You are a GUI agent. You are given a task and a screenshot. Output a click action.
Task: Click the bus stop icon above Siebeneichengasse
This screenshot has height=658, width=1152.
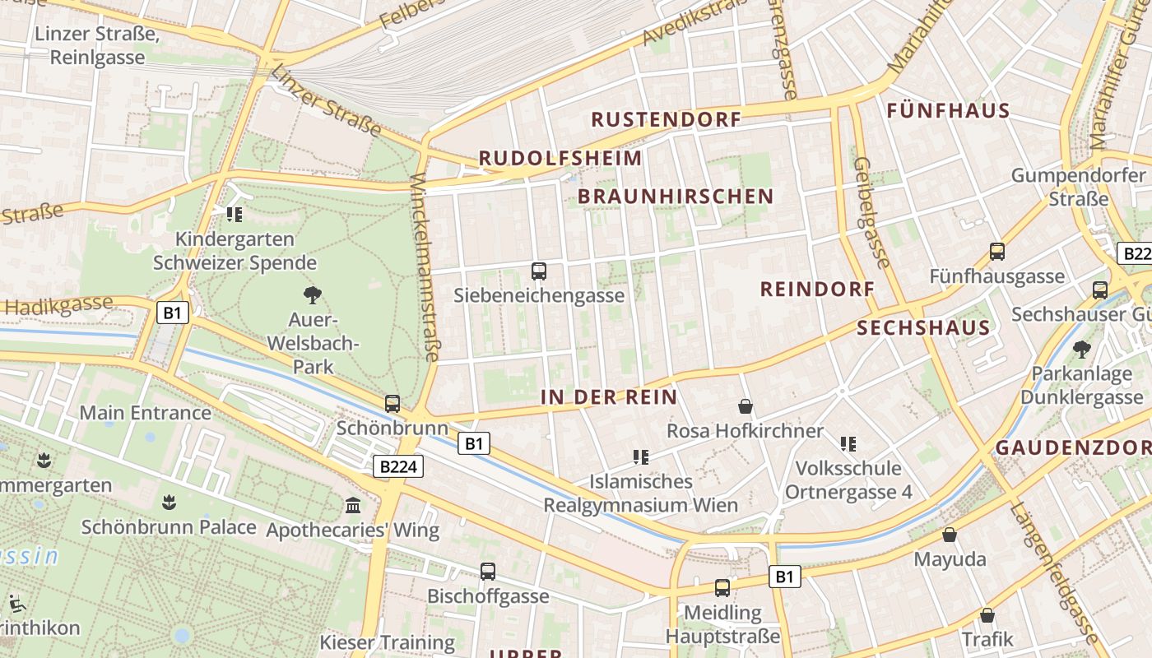click(539, 271)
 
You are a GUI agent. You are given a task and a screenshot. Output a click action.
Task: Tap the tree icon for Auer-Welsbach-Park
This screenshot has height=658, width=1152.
click(312, 294)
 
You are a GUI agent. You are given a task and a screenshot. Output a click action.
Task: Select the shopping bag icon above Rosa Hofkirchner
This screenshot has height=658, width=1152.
click(745, 406)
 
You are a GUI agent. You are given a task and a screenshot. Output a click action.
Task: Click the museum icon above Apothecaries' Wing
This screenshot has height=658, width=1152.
click(354, 505)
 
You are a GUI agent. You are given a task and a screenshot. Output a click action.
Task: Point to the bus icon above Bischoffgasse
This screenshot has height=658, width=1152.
click(488, 571)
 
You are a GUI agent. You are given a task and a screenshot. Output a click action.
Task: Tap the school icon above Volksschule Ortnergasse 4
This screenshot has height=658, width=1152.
click(848, 444)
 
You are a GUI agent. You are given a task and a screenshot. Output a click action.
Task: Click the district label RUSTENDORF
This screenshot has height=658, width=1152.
click(666, 119)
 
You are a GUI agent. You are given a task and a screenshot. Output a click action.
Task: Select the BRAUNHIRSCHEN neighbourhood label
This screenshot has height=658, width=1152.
click(676, 196)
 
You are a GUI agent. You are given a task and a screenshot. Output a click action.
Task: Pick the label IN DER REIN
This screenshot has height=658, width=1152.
click(609, 397)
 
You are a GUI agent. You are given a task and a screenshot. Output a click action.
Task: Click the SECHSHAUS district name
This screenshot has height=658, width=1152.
click(923, 328)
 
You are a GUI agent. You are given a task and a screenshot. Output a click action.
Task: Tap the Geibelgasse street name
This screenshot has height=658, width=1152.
click(872, 212)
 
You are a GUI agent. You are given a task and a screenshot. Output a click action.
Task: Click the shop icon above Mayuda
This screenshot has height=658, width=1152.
click(950, 535)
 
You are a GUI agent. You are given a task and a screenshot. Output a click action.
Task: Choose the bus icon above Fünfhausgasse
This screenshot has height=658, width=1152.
click(997, 252)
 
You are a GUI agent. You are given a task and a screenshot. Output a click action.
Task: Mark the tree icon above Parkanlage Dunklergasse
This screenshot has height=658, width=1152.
click(1081, 350)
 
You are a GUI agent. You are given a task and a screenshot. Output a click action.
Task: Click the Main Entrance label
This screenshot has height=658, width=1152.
click(145, 413)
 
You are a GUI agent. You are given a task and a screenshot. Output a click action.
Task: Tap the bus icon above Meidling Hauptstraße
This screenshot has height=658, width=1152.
click(722, 588)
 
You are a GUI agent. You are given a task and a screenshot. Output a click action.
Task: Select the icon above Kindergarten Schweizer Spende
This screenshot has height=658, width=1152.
click(235, 215)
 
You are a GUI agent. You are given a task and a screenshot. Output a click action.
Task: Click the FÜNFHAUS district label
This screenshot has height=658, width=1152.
click(948, 111)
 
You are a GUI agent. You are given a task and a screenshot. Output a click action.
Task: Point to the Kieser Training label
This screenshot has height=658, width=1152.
click(387, 642)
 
